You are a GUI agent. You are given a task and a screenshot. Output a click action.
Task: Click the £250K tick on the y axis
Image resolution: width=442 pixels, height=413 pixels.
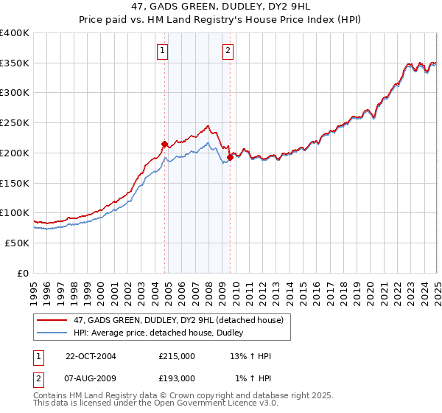[15, 122]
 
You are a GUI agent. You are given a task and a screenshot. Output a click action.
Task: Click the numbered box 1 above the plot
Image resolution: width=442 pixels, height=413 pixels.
[161, 51]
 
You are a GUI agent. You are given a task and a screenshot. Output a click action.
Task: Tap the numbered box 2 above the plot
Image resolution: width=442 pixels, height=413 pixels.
[228, 51]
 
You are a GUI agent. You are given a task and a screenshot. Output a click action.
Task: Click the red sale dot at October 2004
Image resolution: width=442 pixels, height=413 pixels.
[165, 144]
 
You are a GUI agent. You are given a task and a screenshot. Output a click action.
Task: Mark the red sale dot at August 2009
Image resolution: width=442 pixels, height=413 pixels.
[230, 157]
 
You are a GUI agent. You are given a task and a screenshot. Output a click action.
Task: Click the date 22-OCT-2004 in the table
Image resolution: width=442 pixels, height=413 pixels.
[91, 356]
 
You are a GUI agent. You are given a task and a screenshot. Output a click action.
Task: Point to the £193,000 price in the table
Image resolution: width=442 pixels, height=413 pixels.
[177, 378]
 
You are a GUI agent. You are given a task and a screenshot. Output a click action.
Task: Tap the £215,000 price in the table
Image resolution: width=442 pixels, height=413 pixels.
[177, 356]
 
